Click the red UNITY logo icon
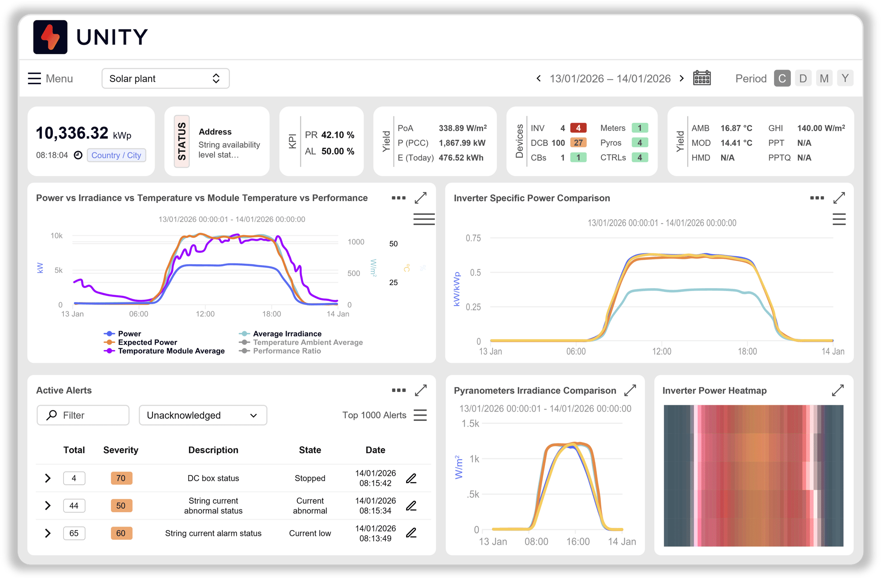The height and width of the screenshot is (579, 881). click(x=50, y=37)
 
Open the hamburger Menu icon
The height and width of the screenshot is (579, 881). click(x=34, y=78)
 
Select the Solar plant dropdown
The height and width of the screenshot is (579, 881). click(x=165, y=78)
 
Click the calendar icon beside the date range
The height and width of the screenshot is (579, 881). click(x=702, y=78)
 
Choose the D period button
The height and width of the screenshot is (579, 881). click(x=803, y=78)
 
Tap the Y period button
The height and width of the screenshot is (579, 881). click(x=845, y=78)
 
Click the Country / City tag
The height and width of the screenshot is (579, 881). click(x=116, y=155)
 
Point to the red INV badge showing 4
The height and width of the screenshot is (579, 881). click(x=578, y=128)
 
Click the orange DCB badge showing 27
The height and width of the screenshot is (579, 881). click(x=578, y=143)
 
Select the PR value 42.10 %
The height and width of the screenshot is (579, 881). click(x=337, y=135)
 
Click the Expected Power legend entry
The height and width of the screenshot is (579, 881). click(x=147, y=343)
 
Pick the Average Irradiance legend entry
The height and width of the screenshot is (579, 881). click(x=287, y=334)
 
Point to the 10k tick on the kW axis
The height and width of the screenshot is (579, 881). click(x=56, y=236)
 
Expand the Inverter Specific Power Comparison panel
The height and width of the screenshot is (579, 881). click(x=839, y=198)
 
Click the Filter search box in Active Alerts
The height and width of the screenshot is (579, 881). click(x=83, y=415)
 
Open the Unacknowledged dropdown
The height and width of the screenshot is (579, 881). click(x=203, y=415)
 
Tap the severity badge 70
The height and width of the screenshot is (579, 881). click(x=121, y=478)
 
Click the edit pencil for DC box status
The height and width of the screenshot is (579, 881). click(x=411, y=479)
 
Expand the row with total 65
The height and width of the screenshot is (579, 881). click(x=48, y=533)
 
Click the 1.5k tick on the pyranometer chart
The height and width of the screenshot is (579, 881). click(x=470, y=424)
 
